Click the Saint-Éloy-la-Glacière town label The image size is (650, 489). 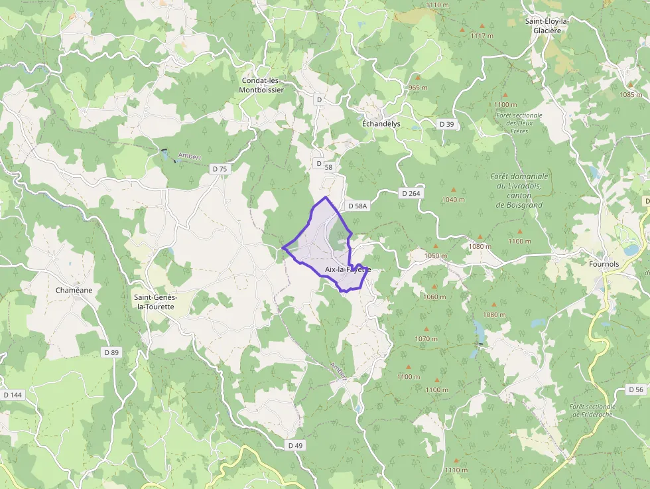pos(547,26)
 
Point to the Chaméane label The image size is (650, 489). pos(74,291)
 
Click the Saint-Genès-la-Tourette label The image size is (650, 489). pos(154,302)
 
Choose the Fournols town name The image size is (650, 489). pos(604,263)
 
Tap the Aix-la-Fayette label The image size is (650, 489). pos(348,269)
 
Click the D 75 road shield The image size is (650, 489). pos(220,169)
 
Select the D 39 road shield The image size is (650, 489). pos(447,124)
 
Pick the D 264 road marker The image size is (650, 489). pos(411,193)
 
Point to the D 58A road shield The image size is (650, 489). pos(356,206)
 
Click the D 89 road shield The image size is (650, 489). pos(111,352)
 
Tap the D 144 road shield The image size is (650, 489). pos(13,395)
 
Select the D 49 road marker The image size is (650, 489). pos(296,445)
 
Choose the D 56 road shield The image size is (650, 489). pos(635,389)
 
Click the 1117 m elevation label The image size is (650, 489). pos(482,35)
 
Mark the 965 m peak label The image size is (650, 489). pos(418,88)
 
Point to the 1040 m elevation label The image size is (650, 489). pos(454,200)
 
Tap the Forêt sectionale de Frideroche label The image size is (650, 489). pos(592,411)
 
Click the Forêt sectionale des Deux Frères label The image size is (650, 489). pos(519,123)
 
